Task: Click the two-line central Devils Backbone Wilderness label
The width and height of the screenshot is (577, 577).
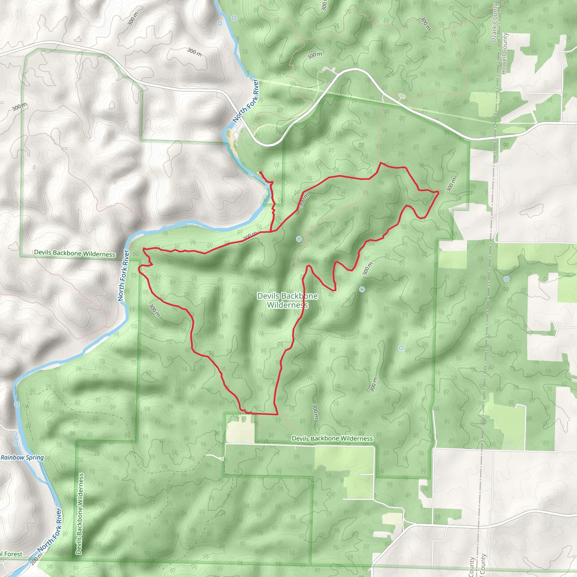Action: pos(287,300)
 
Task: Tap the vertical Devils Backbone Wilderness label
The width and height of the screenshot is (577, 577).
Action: pos(79,514)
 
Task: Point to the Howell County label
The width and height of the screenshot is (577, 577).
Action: pos(504,54)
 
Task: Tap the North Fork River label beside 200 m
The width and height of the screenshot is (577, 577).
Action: pos(50,531)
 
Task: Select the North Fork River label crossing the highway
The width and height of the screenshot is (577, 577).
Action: pos(245,101)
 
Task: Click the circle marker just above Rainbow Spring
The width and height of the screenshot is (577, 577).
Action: pos(16,444)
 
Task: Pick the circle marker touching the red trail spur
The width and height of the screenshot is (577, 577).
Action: pos(268,185)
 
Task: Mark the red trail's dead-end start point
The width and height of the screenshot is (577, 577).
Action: pos(260,173)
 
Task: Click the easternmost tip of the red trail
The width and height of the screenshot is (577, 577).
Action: pos(438,193)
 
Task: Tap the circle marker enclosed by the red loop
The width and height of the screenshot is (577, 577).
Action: pos(299,239)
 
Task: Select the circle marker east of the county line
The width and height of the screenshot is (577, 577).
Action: pos(507,279)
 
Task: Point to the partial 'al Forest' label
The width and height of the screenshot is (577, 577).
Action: pos(11,554)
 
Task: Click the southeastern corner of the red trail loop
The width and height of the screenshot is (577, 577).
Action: pos(278,414)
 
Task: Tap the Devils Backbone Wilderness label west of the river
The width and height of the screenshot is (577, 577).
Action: pos(75,253)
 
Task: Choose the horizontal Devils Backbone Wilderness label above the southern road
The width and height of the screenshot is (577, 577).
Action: pos(332,438)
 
